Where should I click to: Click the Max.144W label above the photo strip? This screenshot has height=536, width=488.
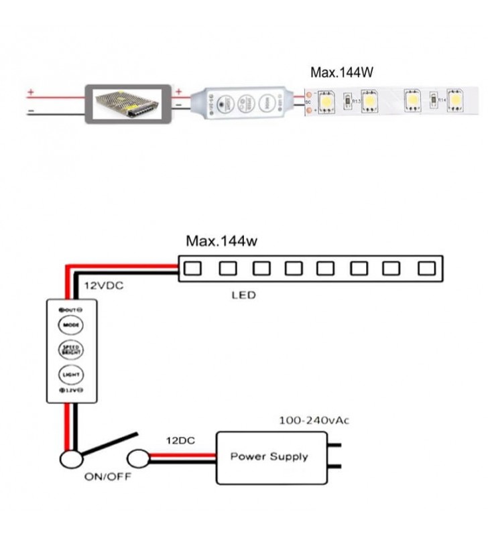341,74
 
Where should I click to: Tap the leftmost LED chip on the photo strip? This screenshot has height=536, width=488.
327,100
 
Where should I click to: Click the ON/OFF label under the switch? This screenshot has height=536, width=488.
107,477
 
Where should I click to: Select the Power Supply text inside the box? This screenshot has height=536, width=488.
269,457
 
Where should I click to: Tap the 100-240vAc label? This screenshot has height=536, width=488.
314,421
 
